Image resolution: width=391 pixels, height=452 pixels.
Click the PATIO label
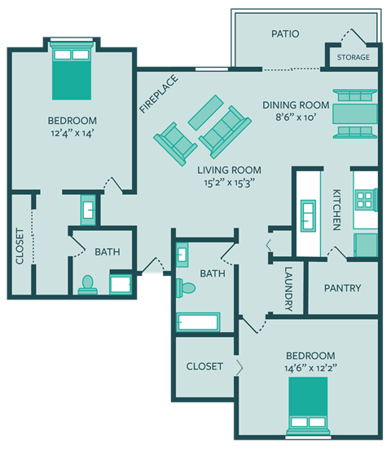click(284, 34)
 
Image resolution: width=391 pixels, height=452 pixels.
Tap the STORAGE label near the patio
click(353, 58)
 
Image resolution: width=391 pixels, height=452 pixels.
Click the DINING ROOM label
click(296, 105)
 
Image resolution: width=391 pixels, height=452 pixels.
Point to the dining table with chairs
click(355, 112)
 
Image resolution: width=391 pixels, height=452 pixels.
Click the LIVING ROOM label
click(230, 171)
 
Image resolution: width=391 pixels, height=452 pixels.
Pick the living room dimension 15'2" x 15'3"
click(230, 184)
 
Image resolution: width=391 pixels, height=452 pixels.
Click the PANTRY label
click(342, 289)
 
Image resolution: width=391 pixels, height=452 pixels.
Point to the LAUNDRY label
click(288, 290)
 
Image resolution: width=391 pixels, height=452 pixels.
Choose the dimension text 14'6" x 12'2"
click(310, 369)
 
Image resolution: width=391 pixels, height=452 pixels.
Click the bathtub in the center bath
click(198, 321)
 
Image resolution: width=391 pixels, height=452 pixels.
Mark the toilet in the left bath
click(88, 285)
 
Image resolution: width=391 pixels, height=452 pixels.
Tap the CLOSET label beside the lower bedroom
click(204, 366)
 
